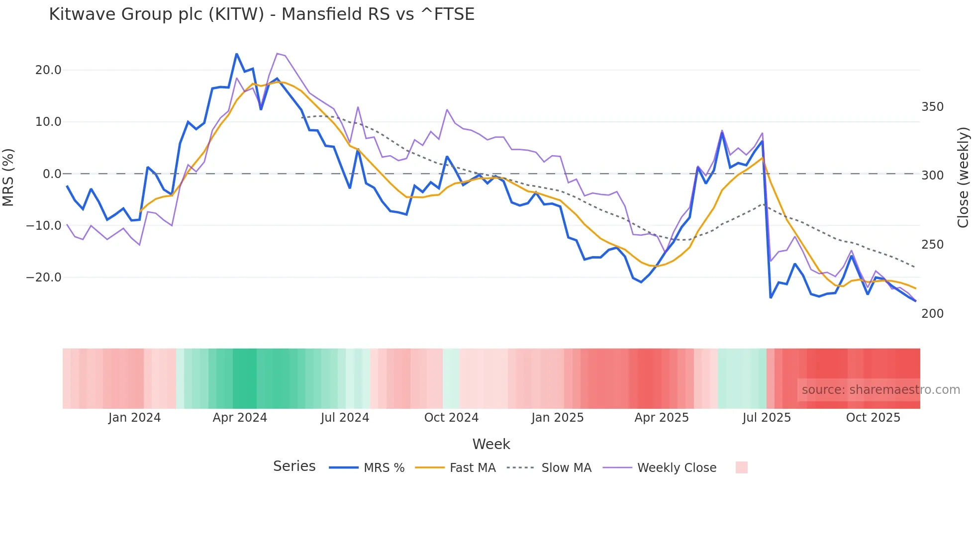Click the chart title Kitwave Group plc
[x=262, y=14]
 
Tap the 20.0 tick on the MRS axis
[x=48, y=70]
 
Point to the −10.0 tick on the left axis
[x=44, y=225]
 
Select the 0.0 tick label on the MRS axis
[x=52, y=174]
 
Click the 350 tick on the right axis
[x=932, y=107]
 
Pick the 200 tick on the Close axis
[x=932, y=314]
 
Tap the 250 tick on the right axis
[x=932, y=245]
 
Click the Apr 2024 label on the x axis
[x=240, y=418]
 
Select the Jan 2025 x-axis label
[x=557, y=418]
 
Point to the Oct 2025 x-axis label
[x=873, y=418]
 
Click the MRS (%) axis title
[x=8, y=178]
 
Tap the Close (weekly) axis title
[x=964, y=178]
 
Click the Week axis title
[x=491, y=444]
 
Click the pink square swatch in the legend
[x=741, y=467]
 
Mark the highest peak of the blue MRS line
[x=237, y=54]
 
